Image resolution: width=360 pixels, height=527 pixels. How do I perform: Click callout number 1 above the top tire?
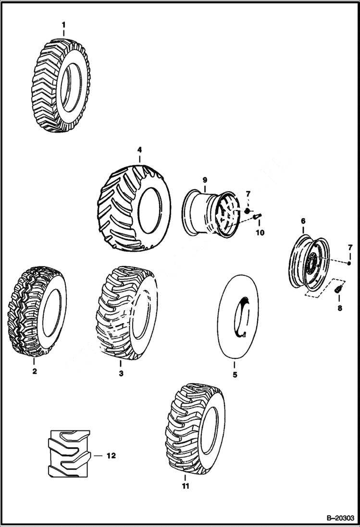pyautogui.click(x=63, y=24)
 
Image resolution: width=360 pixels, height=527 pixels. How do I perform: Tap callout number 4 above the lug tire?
pyautogui.click(x=139, y=149)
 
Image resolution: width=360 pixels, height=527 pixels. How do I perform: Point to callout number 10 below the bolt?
pyautogui.click(x=260, y=233)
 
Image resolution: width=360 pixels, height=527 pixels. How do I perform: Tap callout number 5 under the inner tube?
pyautogui.click(x=235, y=375)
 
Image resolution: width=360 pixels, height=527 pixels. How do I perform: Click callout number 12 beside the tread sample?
pyautogui.click(x=111, y=455)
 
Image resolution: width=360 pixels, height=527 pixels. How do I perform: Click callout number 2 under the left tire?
pyautogui.click(x=35, y=371)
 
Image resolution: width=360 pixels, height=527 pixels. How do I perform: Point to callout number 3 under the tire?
pyautogui.click(x=121, y=373)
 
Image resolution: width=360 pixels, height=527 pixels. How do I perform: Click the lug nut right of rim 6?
pyautogui.click(x=349, y=263)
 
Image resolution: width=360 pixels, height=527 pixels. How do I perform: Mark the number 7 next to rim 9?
pyautogui.click(x=248, y=194)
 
